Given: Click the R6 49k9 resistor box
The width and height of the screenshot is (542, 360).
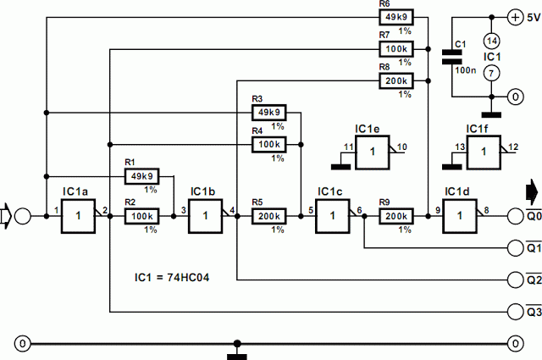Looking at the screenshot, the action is tap(396, 17).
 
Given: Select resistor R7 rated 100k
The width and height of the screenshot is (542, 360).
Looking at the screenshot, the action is tap(396, 49).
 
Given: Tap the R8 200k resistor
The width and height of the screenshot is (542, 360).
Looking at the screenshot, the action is tap(396, 81).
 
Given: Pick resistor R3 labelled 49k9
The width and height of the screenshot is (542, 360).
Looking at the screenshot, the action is tap(269, 113).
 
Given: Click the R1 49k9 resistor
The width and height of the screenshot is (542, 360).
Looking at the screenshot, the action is tap(141, 176).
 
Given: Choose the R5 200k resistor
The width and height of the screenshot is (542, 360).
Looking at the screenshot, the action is tap(269, 216).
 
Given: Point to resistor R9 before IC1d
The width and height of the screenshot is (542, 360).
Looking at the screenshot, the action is tap(396, 216).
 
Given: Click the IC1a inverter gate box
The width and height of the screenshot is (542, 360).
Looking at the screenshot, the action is tap(78, 216).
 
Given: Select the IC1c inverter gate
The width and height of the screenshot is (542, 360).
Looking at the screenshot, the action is tap(333, 216).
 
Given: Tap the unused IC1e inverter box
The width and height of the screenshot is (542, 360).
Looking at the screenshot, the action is tap(373, 152).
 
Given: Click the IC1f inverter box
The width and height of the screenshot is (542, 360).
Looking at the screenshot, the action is tap(484, 152).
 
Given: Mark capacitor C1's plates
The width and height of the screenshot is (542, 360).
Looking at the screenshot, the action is tap(451, 57).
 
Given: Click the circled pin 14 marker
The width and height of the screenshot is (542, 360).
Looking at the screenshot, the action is tap(491, 41).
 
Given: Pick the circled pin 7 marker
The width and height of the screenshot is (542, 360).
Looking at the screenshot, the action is tap(491, 73).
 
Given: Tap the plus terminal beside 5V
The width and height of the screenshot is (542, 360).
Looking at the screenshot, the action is tap(515, 17).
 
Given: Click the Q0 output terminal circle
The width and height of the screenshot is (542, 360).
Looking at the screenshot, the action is tap(515, 216).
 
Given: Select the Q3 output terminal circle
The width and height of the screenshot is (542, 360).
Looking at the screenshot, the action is tap(515, 312).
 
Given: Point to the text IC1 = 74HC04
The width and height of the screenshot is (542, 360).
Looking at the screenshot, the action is tap(172, 277).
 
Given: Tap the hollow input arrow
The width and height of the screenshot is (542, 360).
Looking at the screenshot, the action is tap(6, 216).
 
